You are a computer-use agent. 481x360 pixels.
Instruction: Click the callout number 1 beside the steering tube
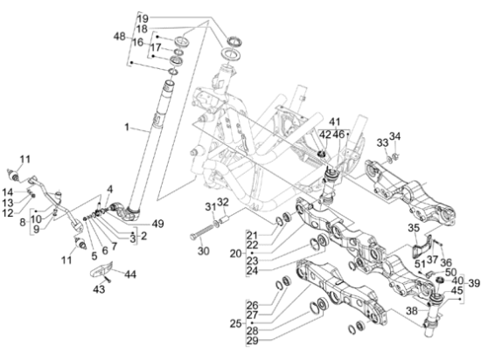127,127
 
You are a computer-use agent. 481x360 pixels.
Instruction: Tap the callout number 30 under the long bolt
204,251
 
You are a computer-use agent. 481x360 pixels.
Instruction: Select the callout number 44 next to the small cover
130,273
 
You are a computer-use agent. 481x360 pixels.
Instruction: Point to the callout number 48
119,37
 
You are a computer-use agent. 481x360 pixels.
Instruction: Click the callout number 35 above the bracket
414,228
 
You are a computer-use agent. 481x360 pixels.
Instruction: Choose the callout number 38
412,311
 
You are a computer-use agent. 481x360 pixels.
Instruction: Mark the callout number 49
157,224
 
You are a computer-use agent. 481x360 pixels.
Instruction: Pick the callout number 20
236,253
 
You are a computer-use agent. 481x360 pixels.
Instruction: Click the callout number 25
236,323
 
